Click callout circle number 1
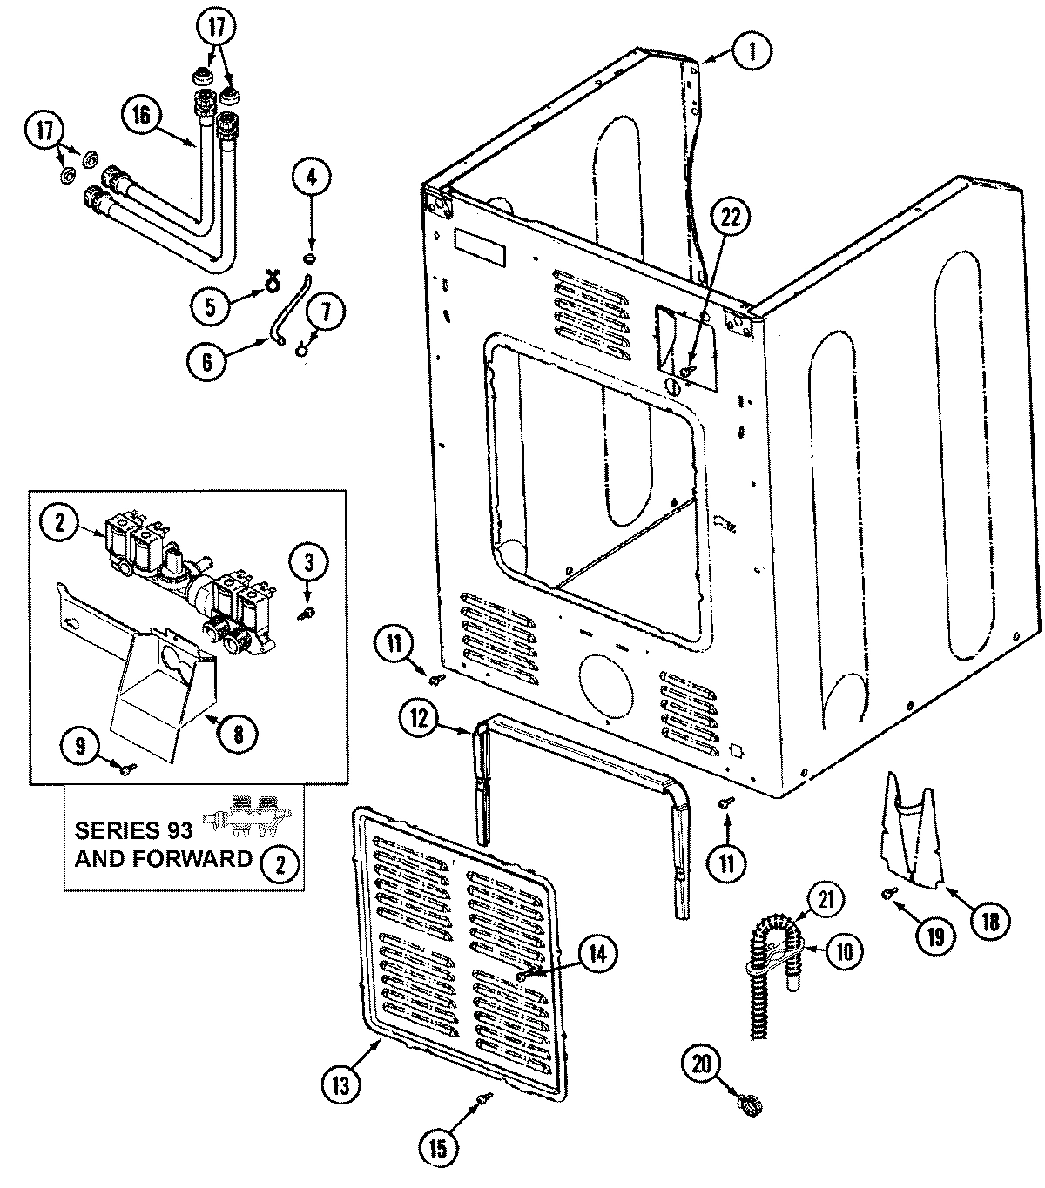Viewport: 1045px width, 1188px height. pos(750,51)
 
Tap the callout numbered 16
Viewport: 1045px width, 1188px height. pos(142,114)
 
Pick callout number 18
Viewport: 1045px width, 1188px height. pos(990,920)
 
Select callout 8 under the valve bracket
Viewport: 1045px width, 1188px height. pos(238,734)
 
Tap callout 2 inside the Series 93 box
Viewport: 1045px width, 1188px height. pos(279,862)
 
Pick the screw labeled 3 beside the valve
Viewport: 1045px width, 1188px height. pos(307,614)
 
